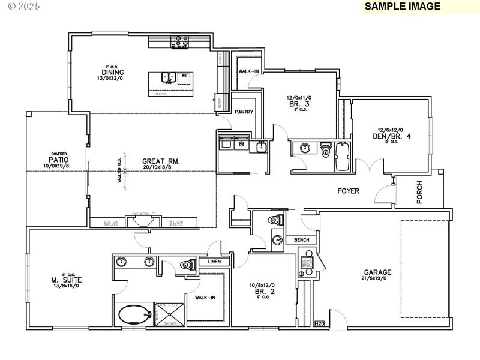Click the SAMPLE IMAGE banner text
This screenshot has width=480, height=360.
click(403, 7)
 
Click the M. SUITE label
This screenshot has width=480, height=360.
click(66, 280)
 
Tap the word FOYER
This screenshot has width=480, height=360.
click(347, 191)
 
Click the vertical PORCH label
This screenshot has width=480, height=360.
click(419, 193)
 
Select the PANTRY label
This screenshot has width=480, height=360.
click(244, 112)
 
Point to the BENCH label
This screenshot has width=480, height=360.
click(301, 240)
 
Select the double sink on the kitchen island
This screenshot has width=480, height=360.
click(167, 77)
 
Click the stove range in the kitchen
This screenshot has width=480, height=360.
click(180, 41)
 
